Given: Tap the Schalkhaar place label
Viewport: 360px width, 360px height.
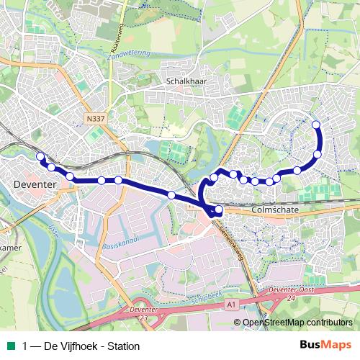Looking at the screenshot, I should pyautogui.click(x=186, y=81).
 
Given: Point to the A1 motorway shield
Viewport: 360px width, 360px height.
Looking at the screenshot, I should pyautogui.click(x=230, y=305).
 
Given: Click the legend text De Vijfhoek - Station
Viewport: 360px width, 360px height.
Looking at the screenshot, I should pyautogui.click(x=85, y=346).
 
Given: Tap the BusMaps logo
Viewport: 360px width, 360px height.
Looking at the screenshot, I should pyautogui.click(x=325, y=346).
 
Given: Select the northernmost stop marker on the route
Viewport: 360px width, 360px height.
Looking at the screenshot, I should pyautogui.click(x=315, y=125).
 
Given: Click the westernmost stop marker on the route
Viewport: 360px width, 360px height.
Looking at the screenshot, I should pyautogui.click(x=40, y=156).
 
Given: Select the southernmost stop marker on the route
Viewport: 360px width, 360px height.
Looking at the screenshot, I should pyautogui.click(x=218, y=210).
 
